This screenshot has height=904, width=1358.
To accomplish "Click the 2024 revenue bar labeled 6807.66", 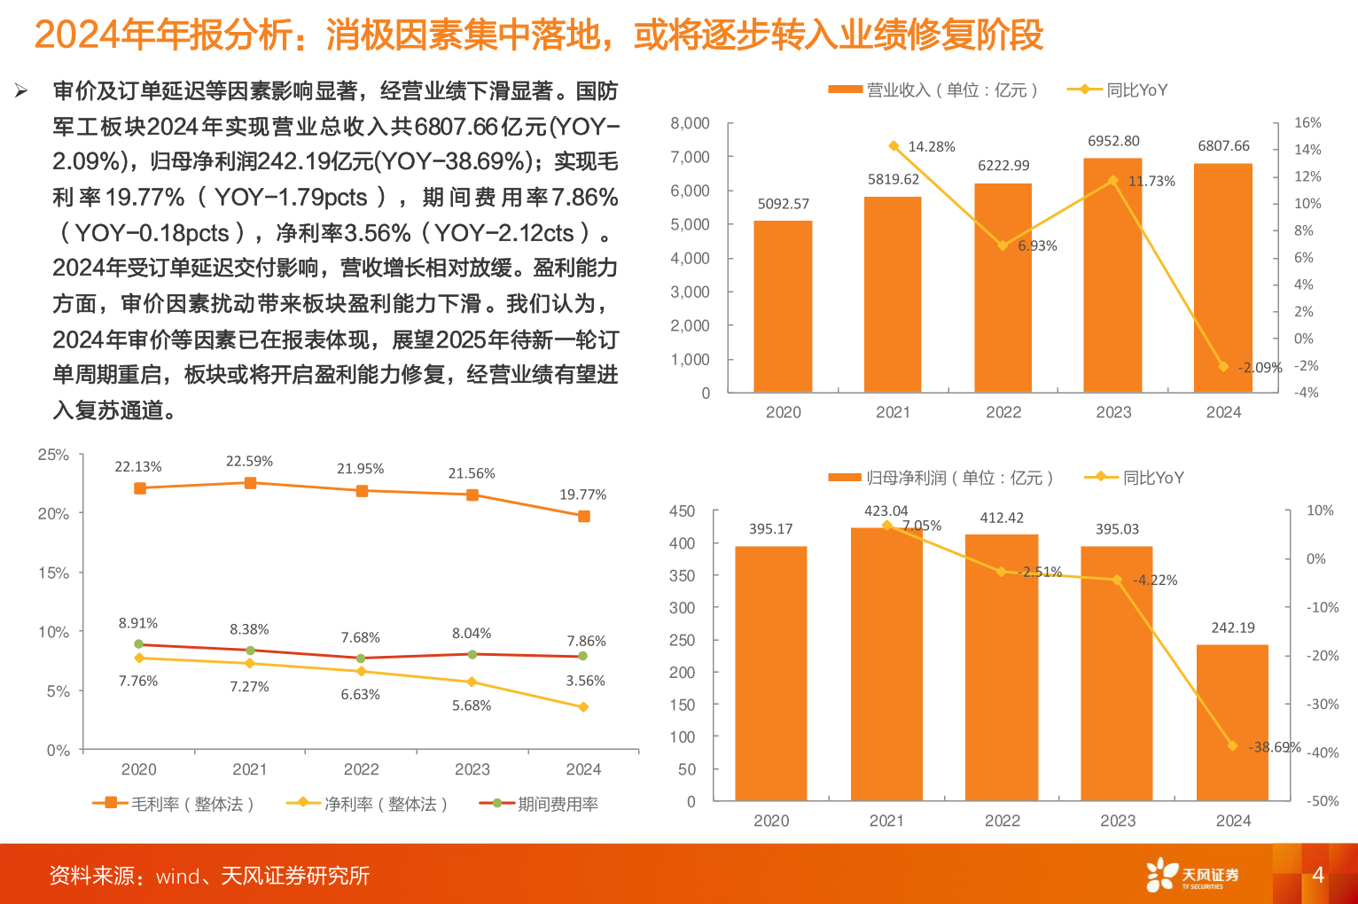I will coord(1223,277).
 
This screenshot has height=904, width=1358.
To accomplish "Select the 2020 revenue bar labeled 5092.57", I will coord(783,306).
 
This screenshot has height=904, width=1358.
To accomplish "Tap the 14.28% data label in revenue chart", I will coord(931,147).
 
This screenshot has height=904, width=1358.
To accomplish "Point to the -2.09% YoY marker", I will coord(1223,367).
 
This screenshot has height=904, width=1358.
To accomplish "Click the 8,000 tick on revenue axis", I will coord(690,123).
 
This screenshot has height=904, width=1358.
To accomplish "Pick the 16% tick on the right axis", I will coord(1307,123).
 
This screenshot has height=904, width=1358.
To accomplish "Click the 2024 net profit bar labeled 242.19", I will coord(1232,722).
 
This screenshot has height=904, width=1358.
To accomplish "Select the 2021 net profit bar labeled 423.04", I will coord(886,665).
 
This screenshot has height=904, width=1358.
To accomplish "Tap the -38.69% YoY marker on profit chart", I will coord(1232,746).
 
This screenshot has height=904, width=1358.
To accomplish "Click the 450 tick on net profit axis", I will coord(682,511).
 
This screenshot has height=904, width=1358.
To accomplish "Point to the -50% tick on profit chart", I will coord(1322,801).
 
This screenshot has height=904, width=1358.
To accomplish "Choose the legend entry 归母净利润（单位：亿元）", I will coord(941,478).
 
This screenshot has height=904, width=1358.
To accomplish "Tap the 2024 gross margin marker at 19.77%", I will coord(583,516).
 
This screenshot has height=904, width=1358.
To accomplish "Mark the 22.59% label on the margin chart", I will coord(249,462).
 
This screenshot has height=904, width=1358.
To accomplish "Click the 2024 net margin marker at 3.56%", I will coord(583,707).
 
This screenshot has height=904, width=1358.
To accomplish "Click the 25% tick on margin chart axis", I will coord(53,455).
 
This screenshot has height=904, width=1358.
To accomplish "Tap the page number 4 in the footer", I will coord(1317,876).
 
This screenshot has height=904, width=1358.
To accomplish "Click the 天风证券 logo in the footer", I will coord(1192,876).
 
